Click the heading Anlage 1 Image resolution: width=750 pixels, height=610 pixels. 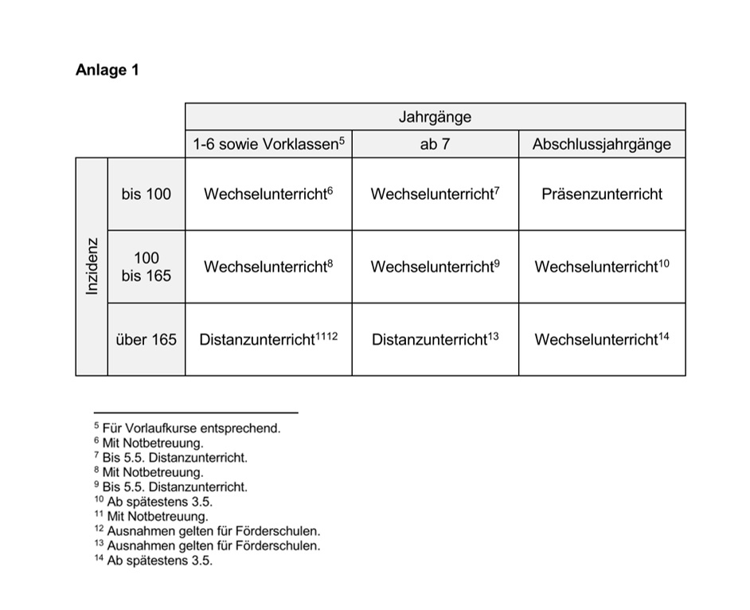coord(107,70)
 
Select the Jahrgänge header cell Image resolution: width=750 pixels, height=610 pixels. coord(436,117)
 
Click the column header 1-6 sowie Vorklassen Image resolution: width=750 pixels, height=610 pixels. coord(268,144)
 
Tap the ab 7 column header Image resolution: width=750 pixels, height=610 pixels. coord(436,144)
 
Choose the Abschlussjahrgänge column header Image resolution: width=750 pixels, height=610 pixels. coord(602,144)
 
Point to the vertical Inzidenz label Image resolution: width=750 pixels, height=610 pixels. coord(92,267)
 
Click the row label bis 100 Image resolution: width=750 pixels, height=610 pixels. coord(146,194)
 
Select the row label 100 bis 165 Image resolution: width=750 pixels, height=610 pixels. coord(146,267)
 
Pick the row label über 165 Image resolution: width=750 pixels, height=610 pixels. coord(146,339)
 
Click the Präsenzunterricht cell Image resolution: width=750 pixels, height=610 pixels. coord(602,194)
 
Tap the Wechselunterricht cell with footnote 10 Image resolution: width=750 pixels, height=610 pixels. coord(602,267)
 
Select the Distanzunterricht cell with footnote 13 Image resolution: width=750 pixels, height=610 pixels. coord(436,339)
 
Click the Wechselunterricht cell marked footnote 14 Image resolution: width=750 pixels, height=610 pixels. coord(602,339)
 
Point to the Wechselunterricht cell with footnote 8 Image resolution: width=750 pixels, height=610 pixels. coord(268,267)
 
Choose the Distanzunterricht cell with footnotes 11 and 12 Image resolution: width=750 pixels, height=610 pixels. coord(268,339)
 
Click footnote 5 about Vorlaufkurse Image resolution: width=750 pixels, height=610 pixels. coord(188,428)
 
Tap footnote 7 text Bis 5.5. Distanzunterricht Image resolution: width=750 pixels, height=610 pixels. coord(170,457)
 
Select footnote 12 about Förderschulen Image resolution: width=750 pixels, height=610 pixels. coord(207,531)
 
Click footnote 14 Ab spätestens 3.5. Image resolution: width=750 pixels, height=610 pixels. coord(153,561)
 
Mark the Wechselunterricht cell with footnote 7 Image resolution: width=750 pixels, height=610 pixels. coord(436,194)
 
